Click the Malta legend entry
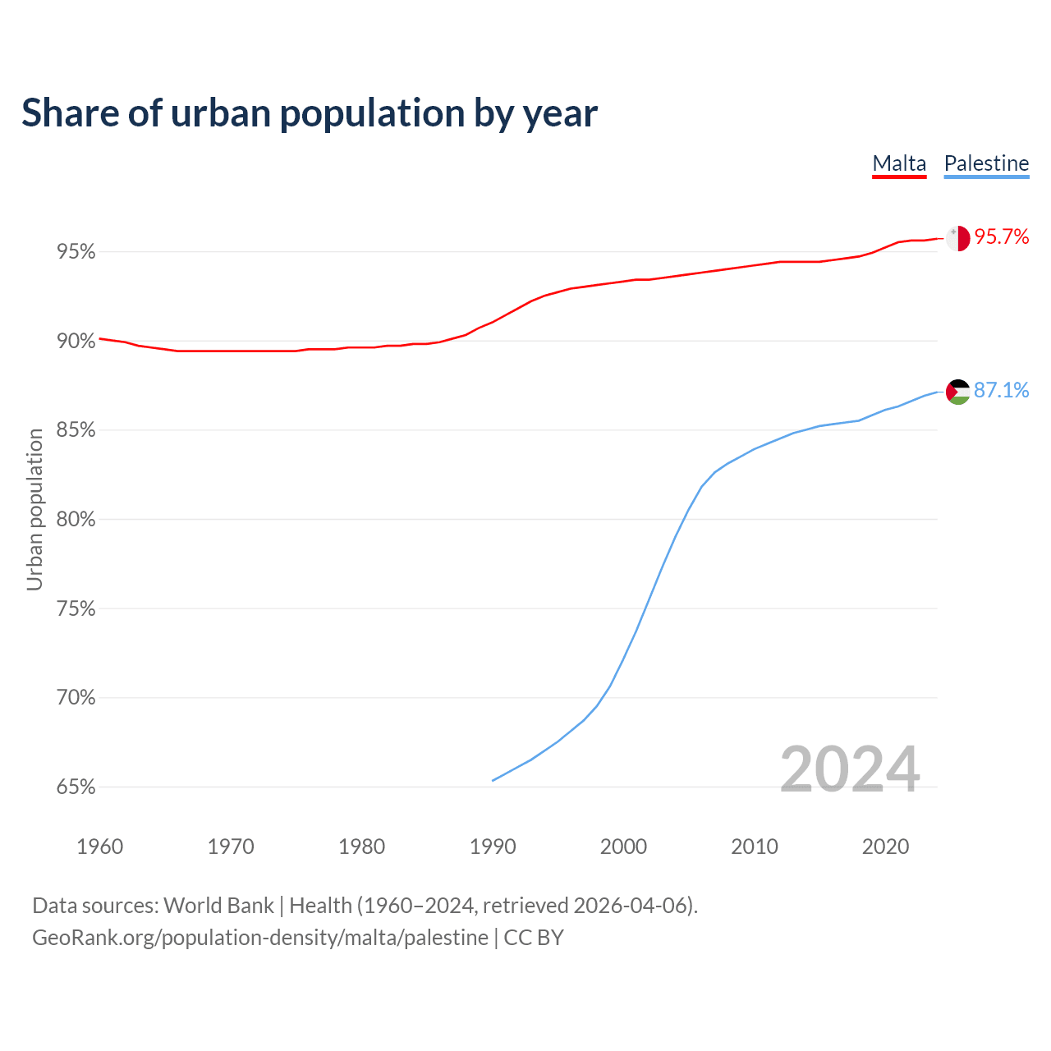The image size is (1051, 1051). click(899, 163)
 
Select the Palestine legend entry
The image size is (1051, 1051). click(986, 163)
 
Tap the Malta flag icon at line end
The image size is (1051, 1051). click(957, 238)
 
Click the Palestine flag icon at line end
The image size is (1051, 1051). click(957, 392)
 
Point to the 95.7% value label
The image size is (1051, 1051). click(1002, 237)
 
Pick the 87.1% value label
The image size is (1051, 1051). click(1002, 391)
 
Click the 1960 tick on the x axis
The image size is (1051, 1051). click(99, 847)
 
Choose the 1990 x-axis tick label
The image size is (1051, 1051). click(493, 847)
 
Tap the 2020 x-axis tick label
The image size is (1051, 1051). click(885, 847)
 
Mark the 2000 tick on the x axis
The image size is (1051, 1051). click(623, 847)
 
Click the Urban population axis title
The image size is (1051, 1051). click(34, 510)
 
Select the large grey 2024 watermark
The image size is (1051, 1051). click(850, 769)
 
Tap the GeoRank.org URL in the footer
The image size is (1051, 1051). click(260, 938)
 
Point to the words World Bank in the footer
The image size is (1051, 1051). click(218, 906)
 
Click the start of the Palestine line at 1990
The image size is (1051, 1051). click(493, 780)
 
